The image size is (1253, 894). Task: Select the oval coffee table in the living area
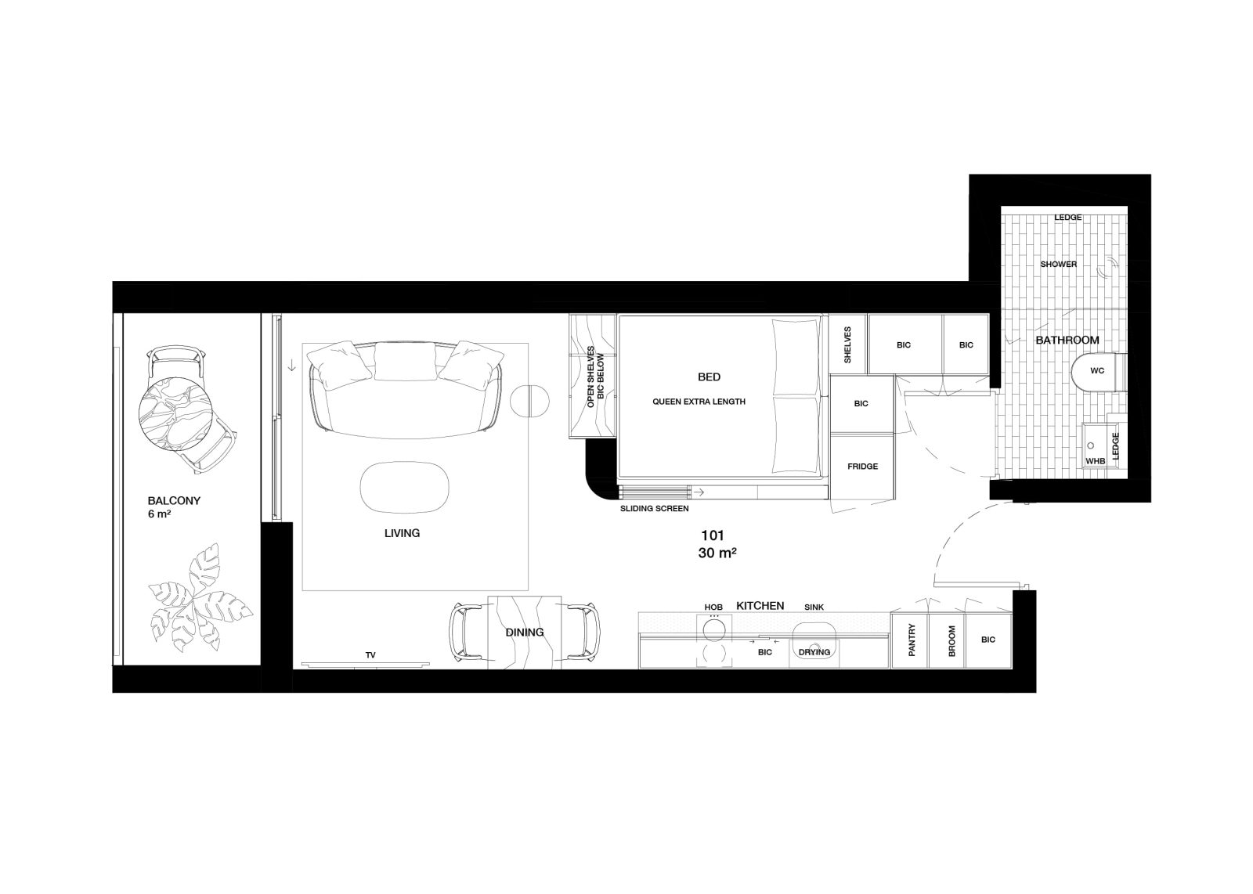(x=404, y=486)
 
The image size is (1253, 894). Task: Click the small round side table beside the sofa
(x=529, y=401)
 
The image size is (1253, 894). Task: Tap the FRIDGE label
(x=862, y=467)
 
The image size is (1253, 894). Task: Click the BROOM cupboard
(x=947, y=640)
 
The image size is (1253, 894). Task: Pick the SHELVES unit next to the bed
(x=847, y=344)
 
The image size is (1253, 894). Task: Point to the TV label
(x=370, y=654)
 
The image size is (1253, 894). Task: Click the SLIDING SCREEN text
(x=654, y=509)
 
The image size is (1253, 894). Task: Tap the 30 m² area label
(x=717, y=553)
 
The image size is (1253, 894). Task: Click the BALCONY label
(x=174, y=501)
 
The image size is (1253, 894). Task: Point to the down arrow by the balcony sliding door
(x=291, y=367)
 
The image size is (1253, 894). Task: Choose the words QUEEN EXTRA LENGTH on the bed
(x=699, y=402)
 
